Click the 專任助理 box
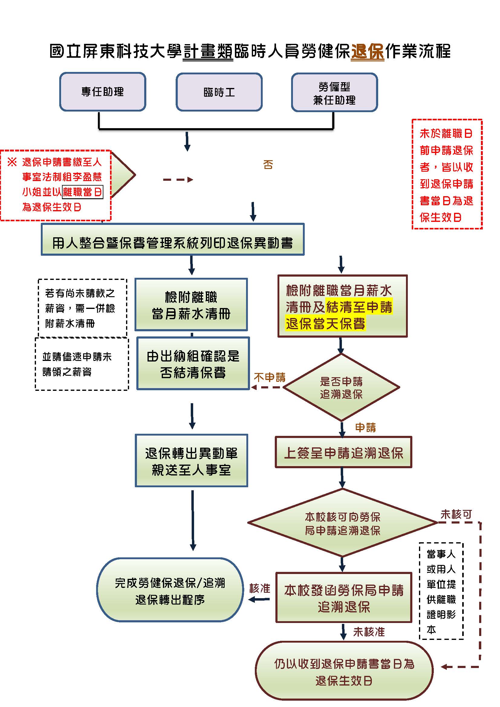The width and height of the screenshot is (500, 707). tap(102, 92)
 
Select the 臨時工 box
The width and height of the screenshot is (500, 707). tap(219, 92)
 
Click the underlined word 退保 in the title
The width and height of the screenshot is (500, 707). tap(367, 51)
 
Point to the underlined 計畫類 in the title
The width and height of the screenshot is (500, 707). tap(208, 51)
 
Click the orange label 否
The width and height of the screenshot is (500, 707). tap(268, 165)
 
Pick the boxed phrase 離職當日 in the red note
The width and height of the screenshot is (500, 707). tap(82, 192)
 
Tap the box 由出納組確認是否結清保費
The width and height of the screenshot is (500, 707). tap(193, 364)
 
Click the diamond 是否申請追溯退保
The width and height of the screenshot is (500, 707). tap(341, 388)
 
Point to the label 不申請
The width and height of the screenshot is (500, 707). tap(270, 378)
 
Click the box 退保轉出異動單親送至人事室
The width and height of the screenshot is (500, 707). tap(191, 461)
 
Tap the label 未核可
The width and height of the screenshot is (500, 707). tap(456, 514)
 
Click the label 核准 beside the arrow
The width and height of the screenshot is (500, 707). tap(260, 589)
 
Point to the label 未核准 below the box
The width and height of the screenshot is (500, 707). tap(369, 632)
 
